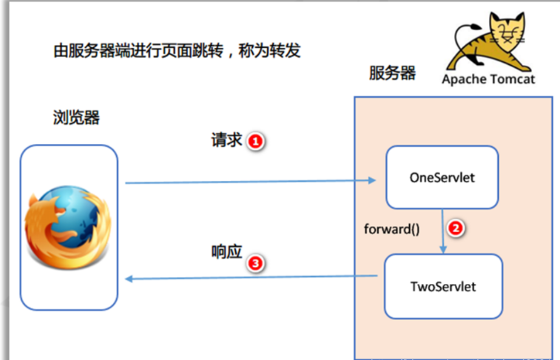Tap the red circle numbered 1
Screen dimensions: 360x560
click(255, 141)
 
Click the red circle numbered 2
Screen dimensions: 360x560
click(456, 228)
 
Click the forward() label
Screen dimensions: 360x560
click(391, 228)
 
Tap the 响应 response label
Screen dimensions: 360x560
click(226, 252)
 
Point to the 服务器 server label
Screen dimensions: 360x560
click(392, 74)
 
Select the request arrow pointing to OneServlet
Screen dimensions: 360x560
click(252, 181)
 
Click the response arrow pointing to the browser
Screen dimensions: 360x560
click(252, 278)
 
